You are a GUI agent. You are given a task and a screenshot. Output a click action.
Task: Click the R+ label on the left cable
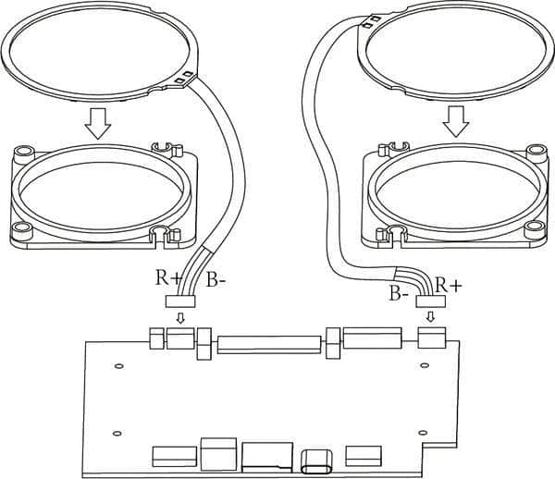coord(168,277)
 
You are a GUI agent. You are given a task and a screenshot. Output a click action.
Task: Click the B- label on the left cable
coord(216,280)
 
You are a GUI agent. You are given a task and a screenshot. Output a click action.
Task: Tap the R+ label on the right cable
coord(449,285)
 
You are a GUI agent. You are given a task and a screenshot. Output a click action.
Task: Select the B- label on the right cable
coord(399,293)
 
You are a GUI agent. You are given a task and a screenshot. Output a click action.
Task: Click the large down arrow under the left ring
coord(98,123)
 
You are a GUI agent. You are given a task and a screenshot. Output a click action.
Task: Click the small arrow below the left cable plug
coord(180,318)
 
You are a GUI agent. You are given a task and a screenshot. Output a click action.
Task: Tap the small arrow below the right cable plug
coord(430,316)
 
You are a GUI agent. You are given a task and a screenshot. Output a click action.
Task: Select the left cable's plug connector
coord(180,301)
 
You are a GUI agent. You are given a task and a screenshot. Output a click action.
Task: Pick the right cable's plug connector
coord(430,301)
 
